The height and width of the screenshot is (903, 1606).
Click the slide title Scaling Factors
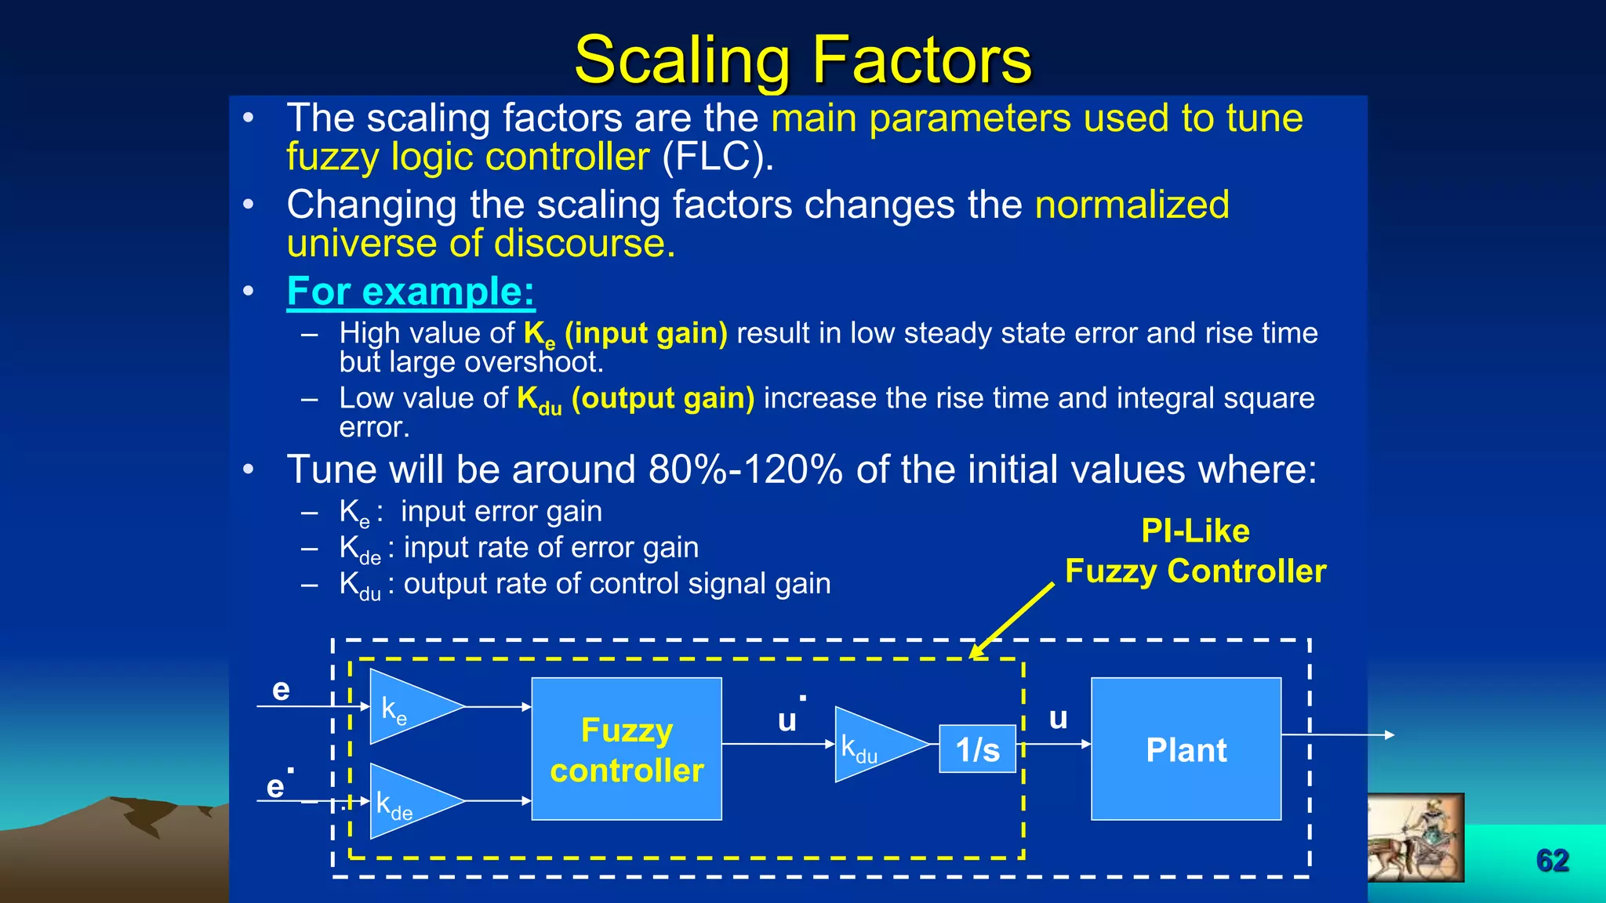click(x=803, y=60)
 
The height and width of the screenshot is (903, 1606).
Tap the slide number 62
click(x=1552, y=861)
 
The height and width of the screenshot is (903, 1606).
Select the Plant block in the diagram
click(x=1186, y=749)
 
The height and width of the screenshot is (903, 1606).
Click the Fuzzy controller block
click(x=627, y=749)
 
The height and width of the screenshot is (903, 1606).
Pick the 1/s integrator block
click(x=977, y=749)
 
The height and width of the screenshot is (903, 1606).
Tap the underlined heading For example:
click(x=411, y=292)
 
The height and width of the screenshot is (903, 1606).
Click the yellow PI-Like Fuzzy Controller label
click(x=1195, y=551)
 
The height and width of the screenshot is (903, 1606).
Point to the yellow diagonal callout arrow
click(x=1013, y=619)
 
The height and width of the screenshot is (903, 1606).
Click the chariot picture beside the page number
click(x=1415, y=837)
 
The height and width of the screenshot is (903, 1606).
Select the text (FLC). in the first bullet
click(x=718, y=157)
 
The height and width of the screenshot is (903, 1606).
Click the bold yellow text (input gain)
click(x=646, y=333)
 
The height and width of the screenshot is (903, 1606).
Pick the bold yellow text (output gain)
click(x=663, y=398)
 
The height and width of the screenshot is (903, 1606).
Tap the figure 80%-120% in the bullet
click(x=745, y=470)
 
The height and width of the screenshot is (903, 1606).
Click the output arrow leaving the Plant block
click(x=1341, y=735)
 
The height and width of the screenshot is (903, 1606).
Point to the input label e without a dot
click(x=281, y=690)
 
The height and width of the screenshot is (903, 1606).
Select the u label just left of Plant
click(x=1058, y=718)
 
